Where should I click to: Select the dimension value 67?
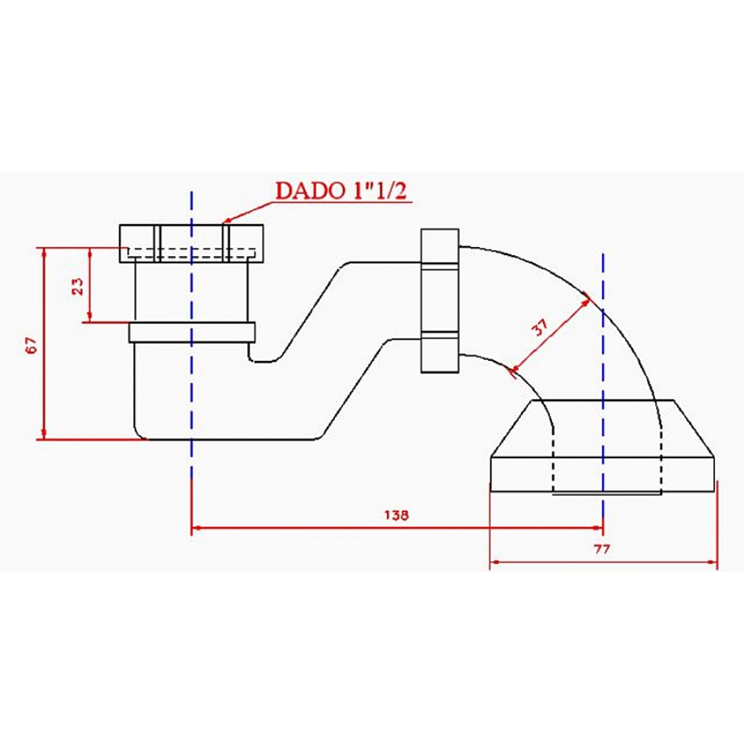pos(31,344)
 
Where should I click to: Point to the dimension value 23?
pos(77,286)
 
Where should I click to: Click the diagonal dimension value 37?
pos(541,328)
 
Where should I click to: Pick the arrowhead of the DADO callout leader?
pos(227,220)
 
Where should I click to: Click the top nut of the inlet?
pos(191,243)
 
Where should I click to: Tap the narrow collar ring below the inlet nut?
pos(192,332)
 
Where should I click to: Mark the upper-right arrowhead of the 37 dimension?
pos(587,301)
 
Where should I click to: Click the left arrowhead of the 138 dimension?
pos(196,528)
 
